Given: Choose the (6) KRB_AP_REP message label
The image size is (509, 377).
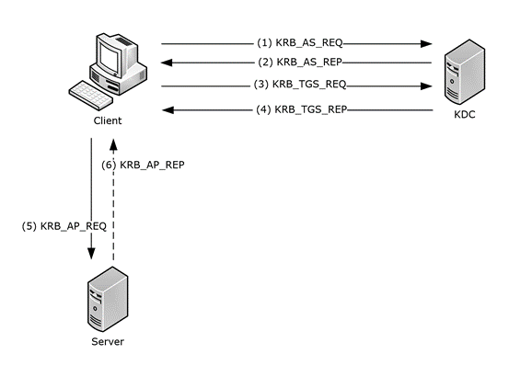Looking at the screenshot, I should pos(146,166).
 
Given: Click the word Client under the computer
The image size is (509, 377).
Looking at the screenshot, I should pos(108,120).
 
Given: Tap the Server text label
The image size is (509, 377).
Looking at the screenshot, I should pos(108,341).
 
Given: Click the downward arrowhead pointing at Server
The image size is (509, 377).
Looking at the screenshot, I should pos(91,259).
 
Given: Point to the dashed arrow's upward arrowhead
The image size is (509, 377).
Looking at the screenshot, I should pos(113,143).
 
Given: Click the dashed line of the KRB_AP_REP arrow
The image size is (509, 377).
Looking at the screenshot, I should pos(113,211).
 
